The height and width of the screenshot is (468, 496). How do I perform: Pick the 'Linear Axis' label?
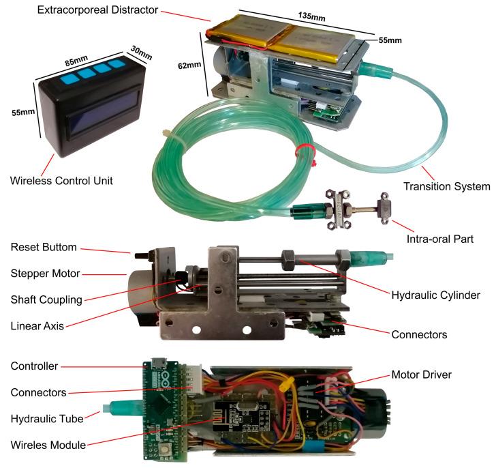click(x=38, y=325)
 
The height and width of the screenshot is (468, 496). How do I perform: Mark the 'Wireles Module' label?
click(x=48, y=445)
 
